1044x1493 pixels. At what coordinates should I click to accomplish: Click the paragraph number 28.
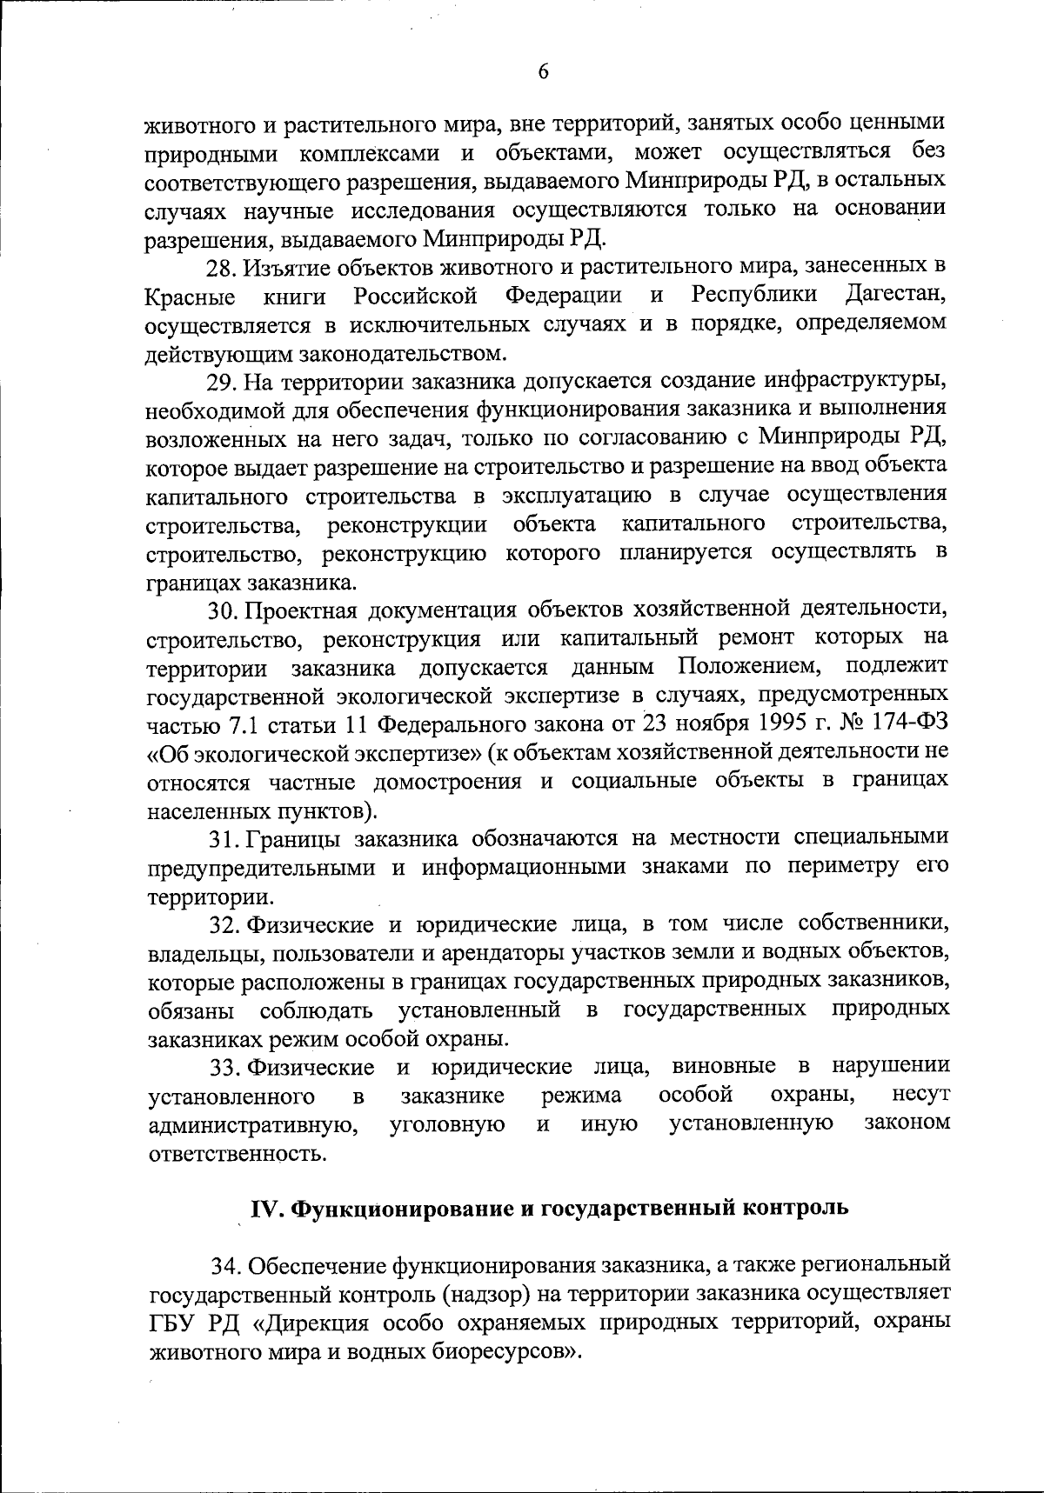221,266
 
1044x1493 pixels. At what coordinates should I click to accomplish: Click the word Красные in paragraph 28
190,297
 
